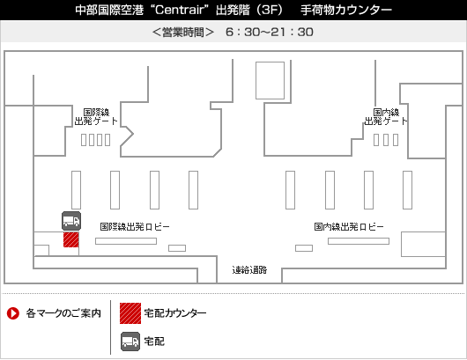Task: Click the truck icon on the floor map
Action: click(71, 221)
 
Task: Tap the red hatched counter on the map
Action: click(71, 239)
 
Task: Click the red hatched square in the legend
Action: click(130, 313)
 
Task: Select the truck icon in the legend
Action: click(130, 342)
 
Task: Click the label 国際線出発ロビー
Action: click(135, 227)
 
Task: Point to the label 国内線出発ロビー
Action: click(349, 227)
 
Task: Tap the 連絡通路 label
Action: click(249, 270)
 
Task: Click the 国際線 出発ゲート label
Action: click(96, 117)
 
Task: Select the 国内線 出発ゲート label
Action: click(386, 117)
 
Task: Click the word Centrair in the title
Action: click(180, 10)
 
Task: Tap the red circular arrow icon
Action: click(13, 313)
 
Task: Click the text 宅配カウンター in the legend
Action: click(175, 313)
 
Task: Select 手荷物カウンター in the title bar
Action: click(346, 10)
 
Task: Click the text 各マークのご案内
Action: click(63, 313)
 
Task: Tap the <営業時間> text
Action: click(183, 33)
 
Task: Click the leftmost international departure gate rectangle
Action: click(84, 140)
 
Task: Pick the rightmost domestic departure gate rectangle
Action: click(396, 140)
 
